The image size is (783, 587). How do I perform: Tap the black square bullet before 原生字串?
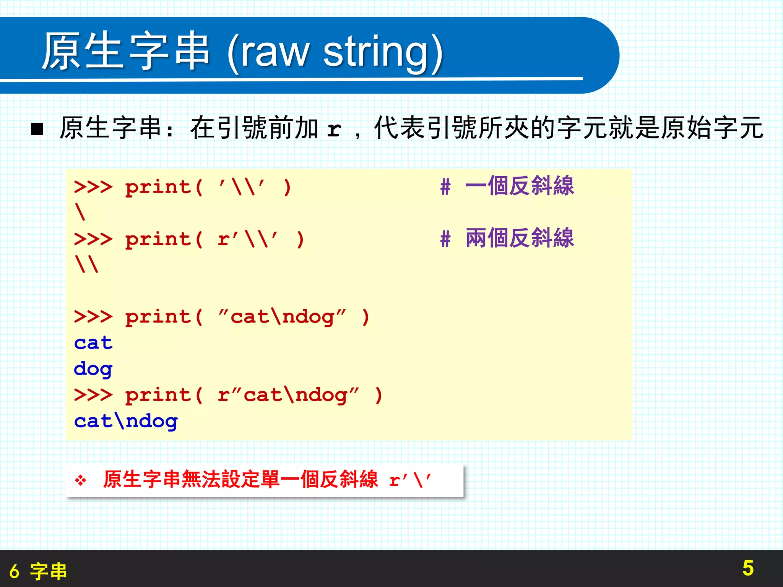[x=37, y=129]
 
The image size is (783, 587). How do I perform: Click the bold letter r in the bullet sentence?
[x=334, y=129]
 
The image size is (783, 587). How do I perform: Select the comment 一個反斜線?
[x=520, y=186]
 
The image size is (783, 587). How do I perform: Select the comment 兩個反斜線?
[x=520, y=238]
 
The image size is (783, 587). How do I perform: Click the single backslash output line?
[x=80, y=212]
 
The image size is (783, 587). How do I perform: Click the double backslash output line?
[x=87, y=264]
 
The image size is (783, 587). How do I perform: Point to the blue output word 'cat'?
[x=93, y=343]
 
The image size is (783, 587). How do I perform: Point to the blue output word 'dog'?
[x=93, y=369]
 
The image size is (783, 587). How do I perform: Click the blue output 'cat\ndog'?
[x=126, y=421]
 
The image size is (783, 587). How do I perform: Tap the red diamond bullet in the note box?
[x=80, y=480]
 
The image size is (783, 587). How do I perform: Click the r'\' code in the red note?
[x=410, y=480]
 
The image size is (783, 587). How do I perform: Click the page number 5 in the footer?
[x=748, y=568]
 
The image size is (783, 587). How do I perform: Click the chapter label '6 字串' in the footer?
[x=38, y=571]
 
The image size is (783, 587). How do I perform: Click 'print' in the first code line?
[x=158, y=187]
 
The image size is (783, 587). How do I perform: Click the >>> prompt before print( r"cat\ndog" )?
[x=93, y=395]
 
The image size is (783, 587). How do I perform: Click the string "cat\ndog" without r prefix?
[x=282, y=317]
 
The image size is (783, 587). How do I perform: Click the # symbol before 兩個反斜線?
[x=445, y=239]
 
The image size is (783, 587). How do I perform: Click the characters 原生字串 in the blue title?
[x=126, y=51]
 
